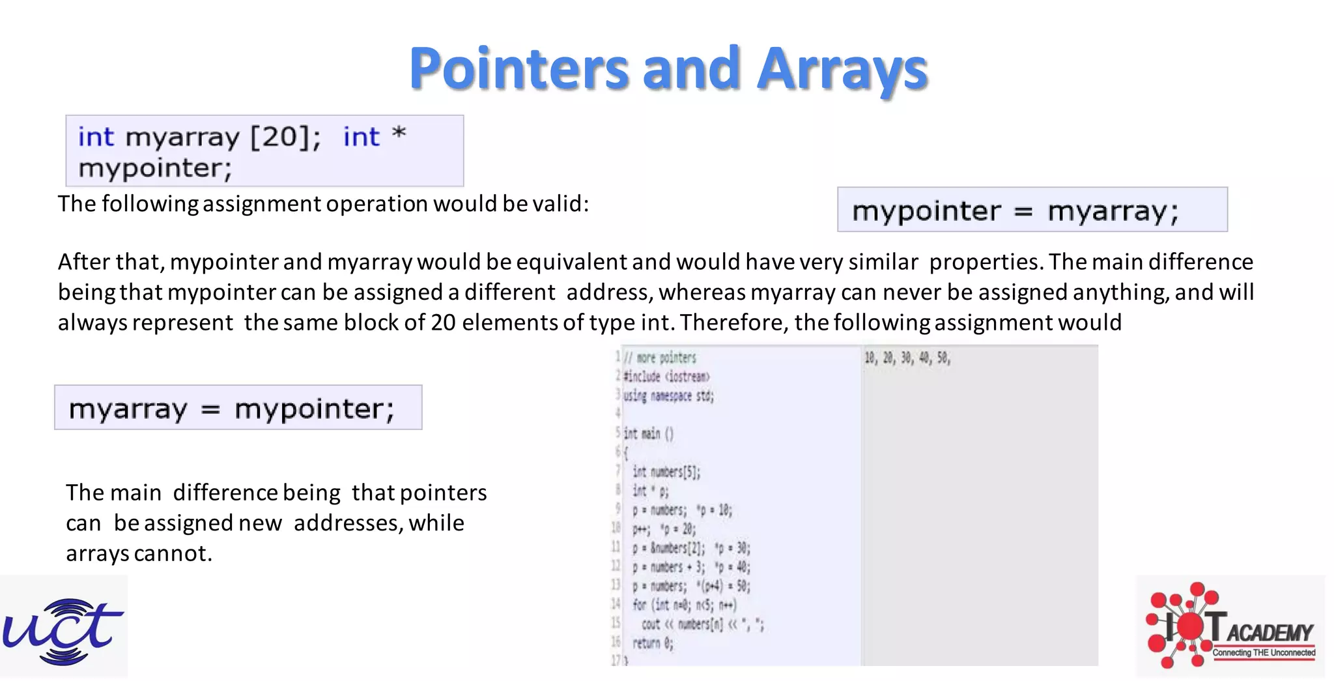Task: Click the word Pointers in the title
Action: point(518,68)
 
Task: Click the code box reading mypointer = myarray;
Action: point(1032,210)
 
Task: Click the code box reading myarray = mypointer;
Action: point(238,408)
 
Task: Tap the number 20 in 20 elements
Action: point(443,323)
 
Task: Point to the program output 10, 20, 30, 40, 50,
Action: point(907,358)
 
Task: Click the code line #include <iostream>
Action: point(666,377)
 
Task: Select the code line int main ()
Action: point(648,434)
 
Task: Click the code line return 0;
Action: point(653,643)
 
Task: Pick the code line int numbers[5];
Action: point(666,472)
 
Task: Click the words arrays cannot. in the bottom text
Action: point(139,553)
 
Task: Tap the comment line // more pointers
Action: point(660,358)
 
